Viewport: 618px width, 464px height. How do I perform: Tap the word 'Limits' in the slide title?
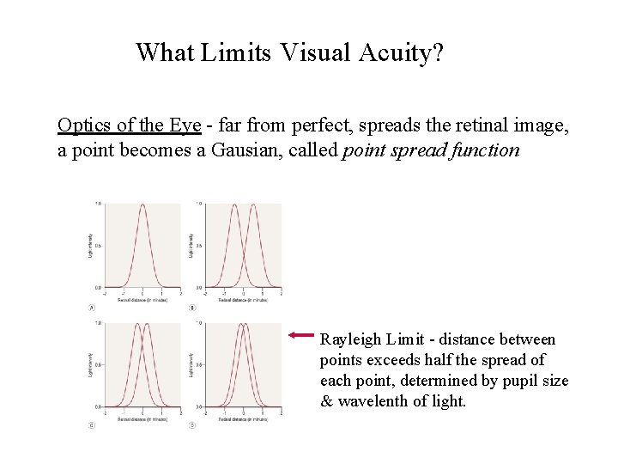pyautogui.click(x=235, y=53)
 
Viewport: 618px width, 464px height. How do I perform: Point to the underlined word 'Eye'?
pyautogui.click(x=185, y=125)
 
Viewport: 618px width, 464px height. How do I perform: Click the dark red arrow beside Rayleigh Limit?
pyautogui.click(x=302, y=335)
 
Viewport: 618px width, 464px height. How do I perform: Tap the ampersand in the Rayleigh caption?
pyautogui.click(x=326, y=400)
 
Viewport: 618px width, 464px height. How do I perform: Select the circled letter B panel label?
pyautogui.click(x=191, y=308)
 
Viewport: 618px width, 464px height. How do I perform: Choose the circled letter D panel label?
pyautogui.click(x=191, y=425)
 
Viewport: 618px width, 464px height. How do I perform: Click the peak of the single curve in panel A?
pyautogui.click(x=142, y=204)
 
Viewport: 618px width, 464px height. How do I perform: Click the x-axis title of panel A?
pyautogui.click(x=142, y=301)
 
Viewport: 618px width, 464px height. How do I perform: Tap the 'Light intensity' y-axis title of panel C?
pyautogui.click(x=90, y=365)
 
